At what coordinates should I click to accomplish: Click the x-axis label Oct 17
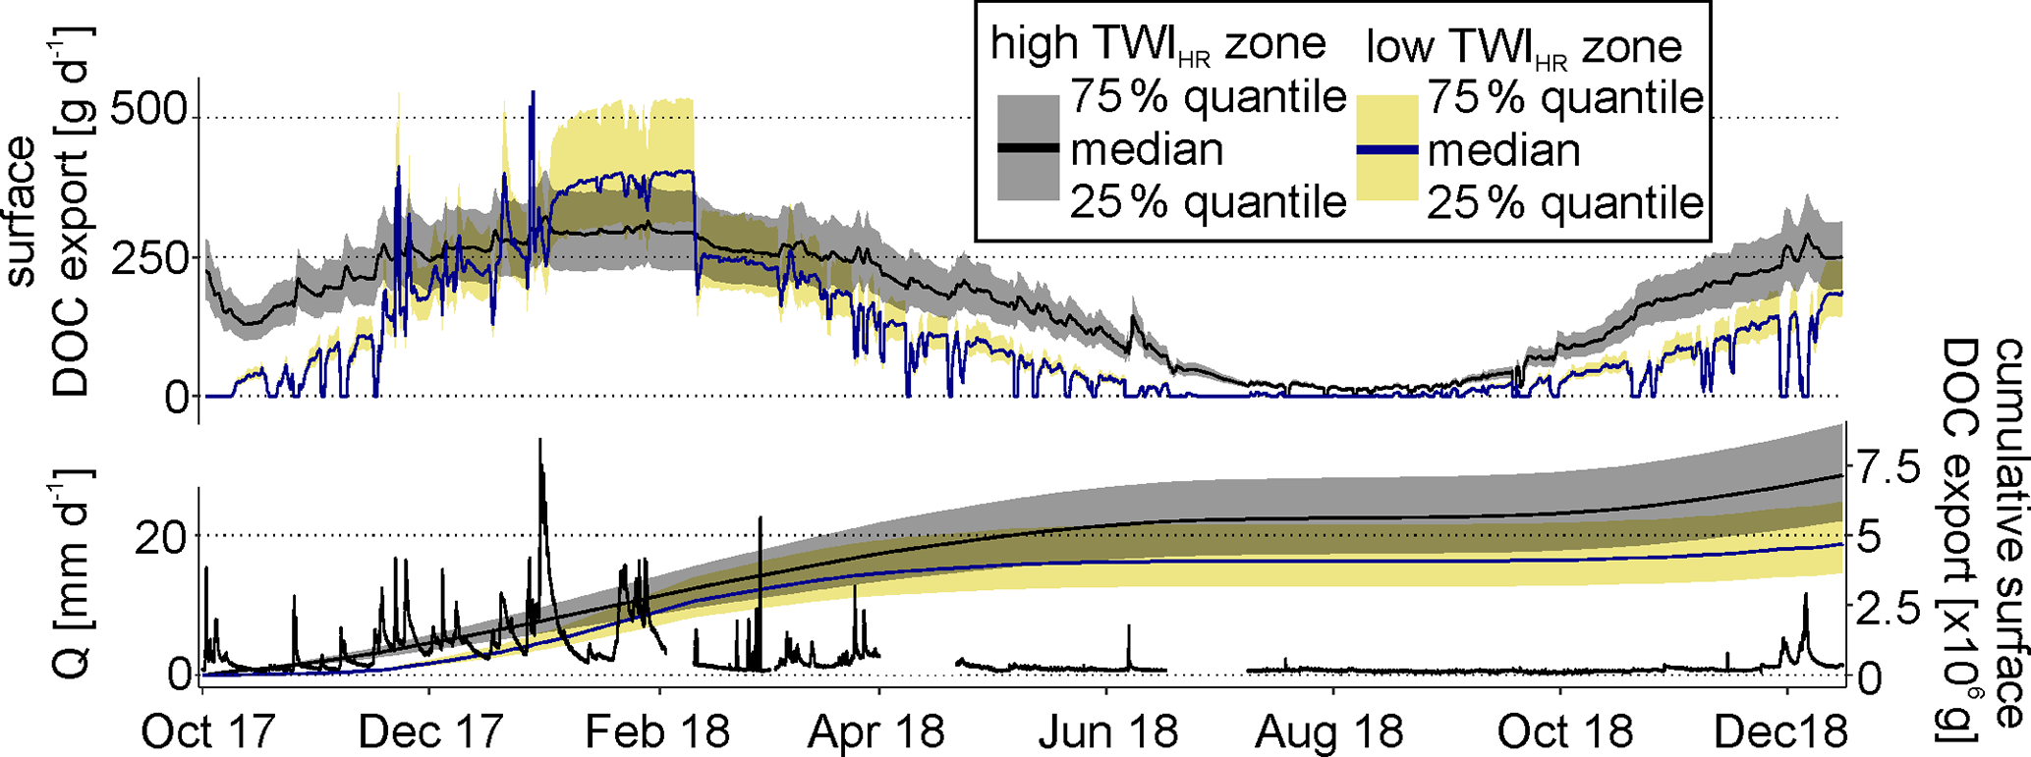coord(208,731)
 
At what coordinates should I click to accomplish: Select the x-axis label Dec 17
coord(431,731)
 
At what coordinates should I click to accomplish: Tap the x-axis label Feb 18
coord(658,731)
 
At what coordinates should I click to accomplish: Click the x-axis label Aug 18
coord(1333,731)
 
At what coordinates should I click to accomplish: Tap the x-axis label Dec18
coord(1780,731)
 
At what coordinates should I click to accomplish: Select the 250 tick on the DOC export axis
coord(148,258)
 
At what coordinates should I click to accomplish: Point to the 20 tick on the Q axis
coord(163,537)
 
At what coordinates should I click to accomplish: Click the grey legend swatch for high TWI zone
coord(1028,149)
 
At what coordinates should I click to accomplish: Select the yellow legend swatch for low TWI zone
coord(1386,149)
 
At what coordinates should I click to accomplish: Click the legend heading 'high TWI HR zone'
coord(1157,46)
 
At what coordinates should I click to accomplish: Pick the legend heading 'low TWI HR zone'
coord(1524,46)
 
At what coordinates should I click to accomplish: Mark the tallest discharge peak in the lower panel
coord(539,441)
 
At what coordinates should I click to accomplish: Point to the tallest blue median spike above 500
coord(533,93)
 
